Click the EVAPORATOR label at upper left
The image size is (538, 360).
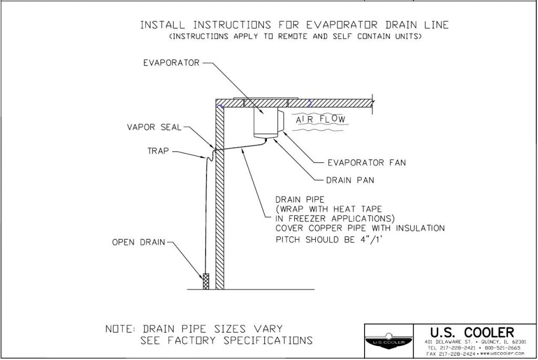click(x=171, y=63)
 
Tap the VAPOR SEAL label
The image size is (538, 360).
click(x=154, y=127)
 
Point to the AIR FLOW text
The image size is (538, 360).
click(x=321, y=120)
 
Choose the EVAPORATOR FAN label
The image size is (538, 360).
click(x=367, y=162)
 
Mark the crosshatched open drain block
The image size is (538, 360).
click(x=206, y=281)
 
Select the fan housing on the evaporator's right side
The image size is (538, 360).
click(x=281, y=120)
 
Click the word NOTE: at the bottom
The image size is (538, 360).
click(x=121, y=329)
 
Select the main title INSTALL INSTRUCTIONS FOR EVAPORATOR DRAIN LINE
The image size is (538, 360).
click(x=294, y=25)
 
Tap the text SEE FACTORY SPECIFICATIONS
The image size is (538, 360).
click(x=226, y=340)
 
